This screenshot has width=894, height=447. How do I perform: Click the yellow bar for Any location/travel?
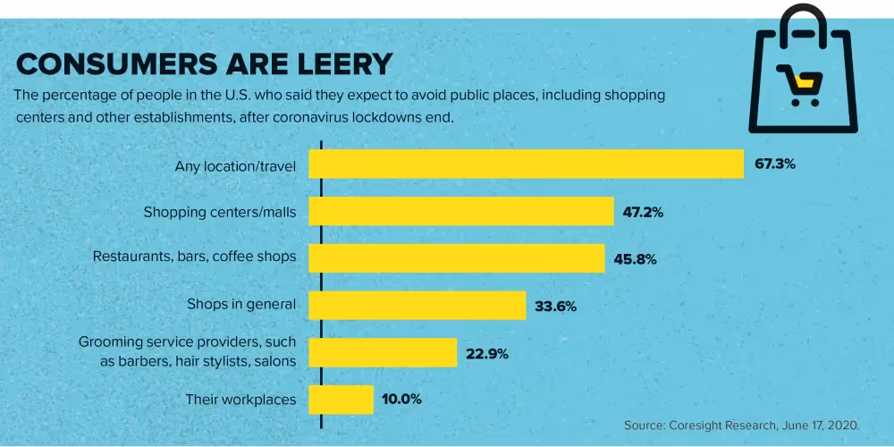click(x=527, y=164)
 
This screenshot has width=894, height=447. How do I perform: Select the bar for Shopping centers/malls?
click(x=461, y=212)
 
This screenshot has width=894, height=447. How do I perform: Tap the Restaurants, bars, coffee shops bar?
click(x=457, y=258)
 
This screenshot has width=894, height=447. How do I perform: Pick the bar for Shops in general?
click(x=417, y=305)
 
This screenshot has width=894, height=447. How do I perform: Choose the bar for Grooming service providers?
click(x=383, y=352)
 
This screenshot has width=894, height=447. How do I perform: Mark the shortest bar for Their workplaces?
click(x=341, y=400)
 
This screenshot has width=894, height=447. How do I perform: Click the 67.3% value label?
click(x=775, y=164)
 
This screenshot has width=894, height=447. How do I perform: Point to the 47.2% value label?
click(x=644, y=212)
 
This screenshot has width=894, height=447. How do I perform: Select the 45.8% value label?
click(x=635, y=259)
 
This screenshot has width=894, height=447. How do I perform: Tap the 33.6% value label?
click(x=555, y=306)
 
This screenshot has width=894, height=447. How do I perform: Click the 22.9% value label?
click(x=487, y=353)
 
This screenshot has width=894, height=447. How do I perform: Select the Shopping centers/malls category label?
click(x=220, y=212)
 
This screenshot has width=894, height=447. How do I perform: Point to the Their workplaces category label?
click(x=240, y=400)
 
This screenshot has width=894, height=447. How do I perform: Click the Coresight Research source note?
click(x=741, y=425)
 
